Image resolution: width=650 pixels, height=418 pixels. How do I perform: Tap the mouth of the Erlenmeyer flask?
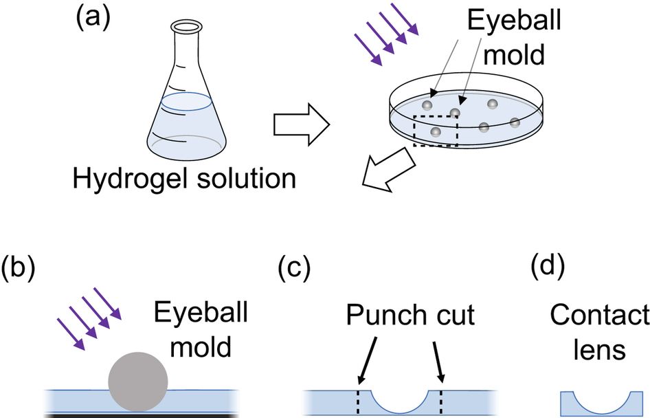click(187, 28)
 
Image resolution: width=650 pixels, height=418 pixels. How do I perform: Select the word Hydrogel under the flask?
click(119, 179)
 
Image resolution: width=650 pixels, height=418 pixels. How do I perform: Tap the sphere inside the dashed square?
click(435, 131)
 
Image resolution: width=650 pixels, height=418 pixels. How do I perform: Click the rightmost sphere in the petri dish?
click(515, 122)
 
